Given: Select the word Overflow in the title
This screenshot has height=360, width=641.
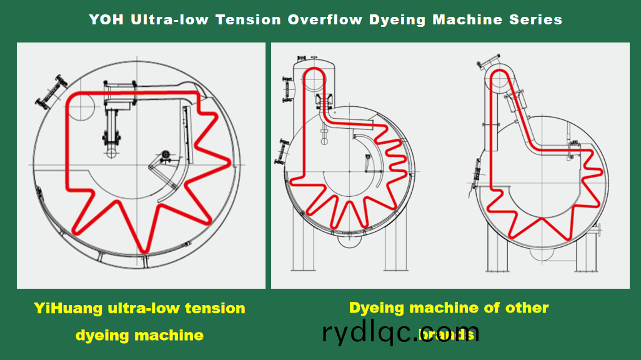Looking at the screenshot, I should (325, 19).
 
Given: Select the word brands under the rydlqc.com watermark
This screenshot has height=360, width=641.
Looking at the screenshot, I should (446, 335).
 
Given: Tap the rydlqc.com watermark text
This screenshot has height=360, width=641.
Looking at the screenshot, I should (400, 331).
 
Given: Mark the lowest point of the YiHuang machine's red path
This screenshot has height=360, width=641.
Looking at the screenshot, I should (144, 251).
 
